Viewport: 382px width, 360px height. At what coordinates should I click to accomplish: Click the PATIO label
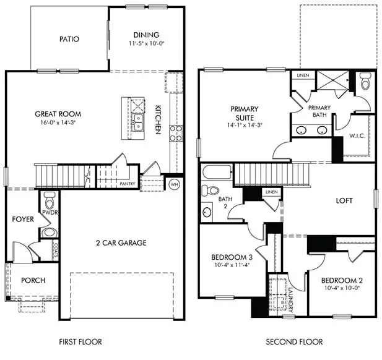click(x=69, y=39)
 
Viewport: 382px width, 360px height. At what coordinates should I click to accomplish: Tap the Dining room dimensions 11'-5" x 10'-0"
click(x=147, y=44)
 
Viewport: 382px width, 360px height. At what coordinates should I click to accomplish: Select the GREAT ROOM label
click(x=58, y=114)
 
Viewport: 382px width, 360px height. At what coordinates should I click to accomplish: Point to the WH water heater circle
click(x=174, y=184)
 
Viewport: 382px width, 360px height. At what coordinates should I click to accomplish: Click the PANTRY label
click(x=128, y=184)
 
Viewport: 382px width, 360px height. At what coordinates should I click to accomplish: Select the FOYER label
click(x=22, y=219)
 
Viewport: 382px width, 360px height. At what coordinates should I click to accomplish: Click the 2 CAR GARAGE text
click(x=121, y=242)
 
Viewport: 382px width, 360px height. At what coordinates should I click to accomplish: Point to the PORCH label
click(x=33, y=280)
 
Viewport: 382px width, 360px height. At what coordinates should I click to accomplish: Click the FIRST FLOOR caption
click(x=80, y=341)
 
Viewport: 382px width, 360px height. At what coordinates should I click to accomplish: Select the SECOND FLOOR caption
click(x=294, y=341)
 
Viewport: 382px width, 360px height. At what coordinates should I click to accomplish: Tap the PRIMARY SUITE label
click(x=244, y=114)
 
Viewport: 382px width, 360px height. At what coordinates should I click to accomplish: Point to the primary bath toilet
click(x=363, y=82)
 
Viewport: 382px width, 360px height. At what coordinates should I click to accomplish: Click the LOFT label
click(x=344, y=201)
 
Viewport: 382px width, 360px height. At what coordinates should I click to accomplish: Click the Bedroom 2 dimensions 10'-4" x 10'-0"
click(x=342, y=288)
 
